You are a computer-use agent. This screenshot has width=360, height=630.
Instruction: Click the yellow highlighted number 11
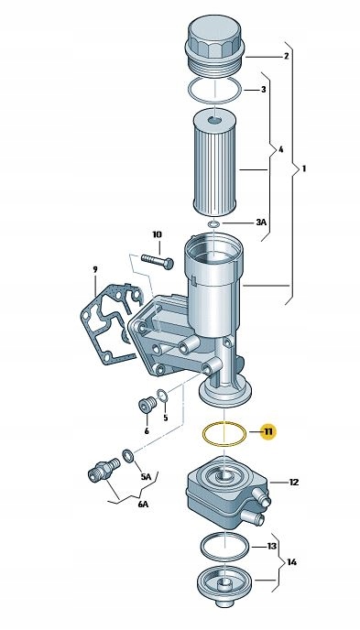(268, 432)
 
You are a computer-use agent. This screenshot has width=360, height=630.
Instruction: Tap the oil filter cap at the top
(215, 45)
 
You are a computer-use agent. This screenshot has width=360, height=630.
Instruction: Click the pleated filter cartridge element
(216, 165)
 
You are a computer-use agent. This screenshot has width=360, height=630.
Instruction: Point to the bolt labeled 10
(157, 261)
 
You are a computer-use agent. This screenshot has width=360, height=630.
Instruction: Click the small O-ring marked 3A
(213, 224)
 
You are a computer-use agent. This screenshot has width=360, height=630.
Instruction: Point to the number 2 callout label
(286, 56)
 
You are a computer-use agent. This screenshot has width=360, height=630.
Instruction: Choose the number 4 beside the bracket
(281, 149)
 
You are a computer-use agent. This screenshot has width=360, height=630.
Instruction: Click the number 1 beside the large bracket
(304, 168)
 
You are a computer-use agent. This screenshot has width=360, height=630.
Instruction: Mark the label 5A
(146, 477)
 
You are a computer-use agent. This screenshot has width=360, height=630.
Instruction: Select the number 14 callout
(291, 562)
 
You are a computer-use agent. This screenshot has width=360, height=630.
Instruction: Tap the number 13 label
(272, 546)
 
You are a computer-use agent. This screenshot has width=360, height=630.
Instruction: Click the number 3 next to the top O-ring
(264, 89)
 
